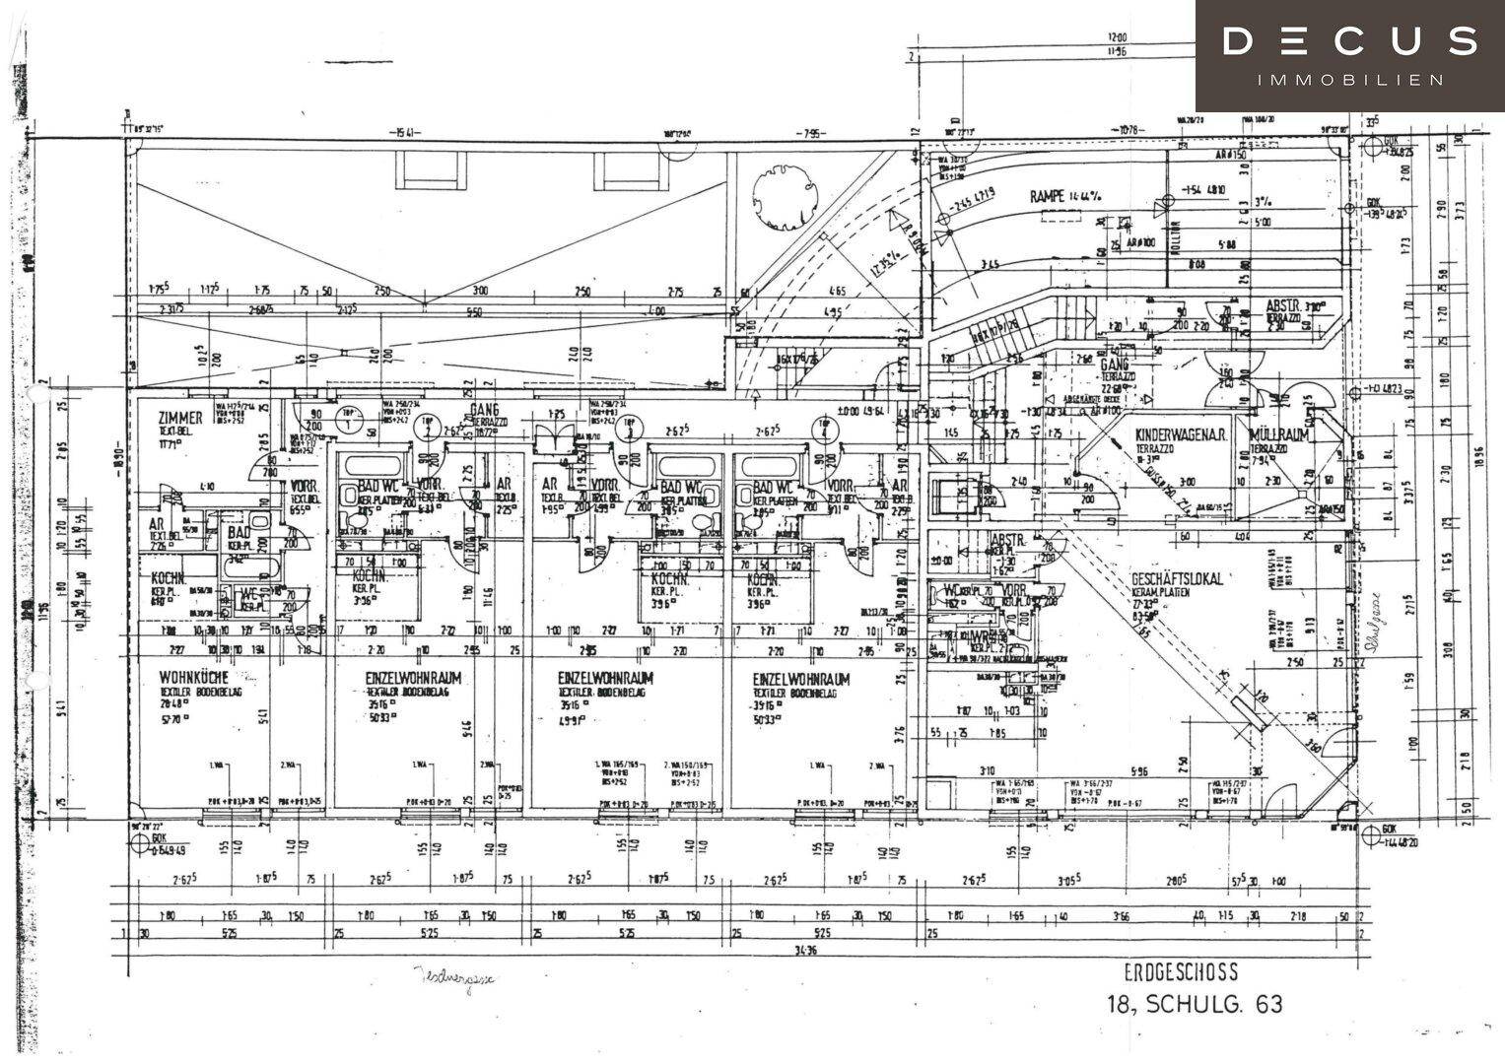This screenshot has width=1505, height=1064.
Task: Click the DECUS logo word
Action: coord(1349,41)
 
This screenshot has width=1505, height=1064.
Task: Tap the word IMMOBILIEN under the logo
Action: coord(1350,80)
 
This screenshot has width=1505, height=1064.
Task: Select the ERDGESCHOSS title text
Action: coord(1181,973)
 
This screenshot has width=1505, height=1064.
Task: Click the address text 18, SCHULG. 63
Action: coord(1196,1005)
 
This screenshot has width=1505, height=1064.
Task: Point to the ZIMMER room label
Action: coord(180,418)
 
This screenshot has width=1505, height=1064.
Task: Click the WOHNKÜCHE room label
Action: coord(194,679)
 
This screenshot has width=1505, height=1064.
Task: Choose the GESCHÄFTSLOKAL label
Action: coord(1177,579)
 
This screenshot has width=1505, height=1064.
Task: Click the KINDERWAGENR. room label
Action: coord(1180,435)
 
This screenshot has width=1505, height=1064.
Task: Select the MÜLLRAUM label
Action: coord(1278,435)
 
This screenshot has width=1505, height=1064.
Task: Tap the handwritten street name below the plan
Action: coord(452,978)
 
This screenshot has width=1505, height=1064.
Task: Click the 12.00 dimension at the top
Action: coord(1117,38)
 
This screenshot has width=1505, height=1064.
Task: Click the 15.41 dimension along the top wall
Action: coord(399,132)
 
